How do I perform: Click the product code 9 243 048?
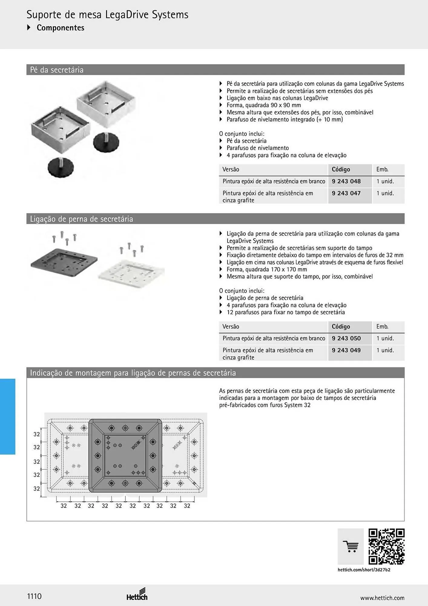coord(346,181)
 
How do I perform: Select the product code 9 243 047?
coord(346,193)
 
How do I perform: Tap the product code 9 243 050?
coord(346,338)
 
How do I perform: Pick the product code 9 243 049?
coord(346,350)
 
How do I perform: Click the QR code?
coord(387,547)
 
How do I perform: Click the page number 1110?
coord(34,596)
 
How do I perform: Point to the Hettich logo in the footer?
coord(137,594)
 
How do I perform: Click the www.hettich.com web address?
coord(382,598)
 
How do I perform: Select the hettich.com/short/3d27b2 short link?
coord(364,570)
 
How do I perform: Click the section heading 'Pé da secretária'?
coord(57,70)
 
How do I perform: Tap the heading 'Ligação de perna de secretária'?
coord(81,219)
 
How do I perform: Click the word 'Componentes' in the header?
coord(61,28)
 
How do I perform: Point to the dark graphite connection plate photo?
coord(64,263)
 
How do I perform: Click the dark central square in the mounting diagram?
coord(125,455)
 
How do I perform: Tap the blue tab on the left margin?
coord(8,417)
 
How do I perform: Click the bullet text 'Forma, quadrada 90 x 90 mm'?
coord(264,105)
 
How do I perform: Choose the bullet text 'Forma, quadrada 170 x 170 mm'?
coord(267,269)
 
